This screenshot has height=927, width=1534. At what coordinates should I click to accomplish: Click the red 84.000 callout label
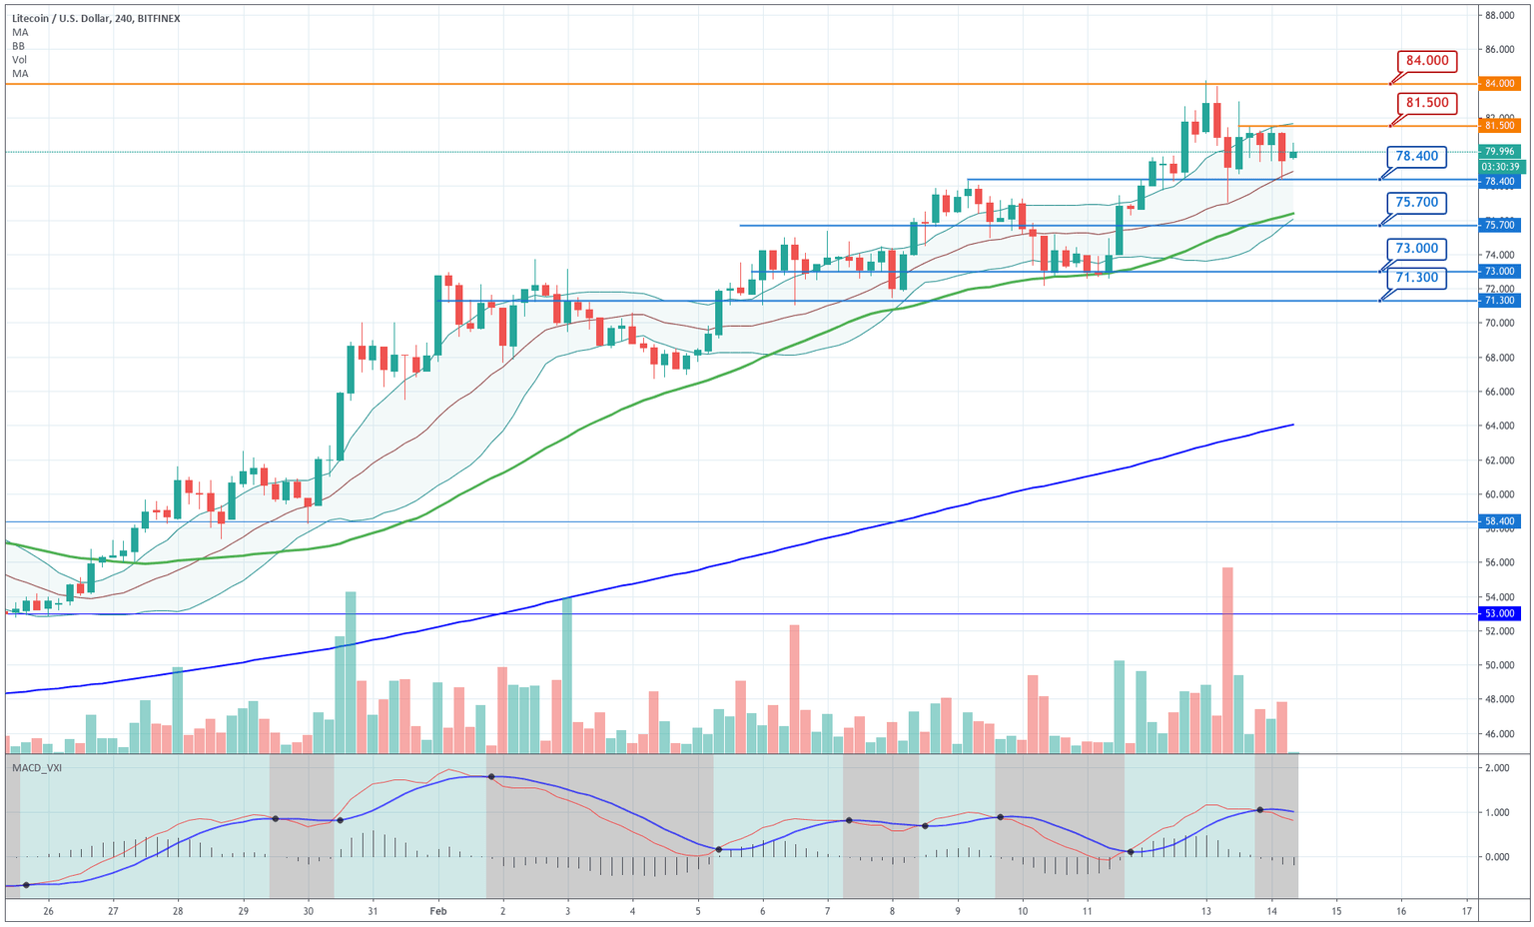pos(1426,61)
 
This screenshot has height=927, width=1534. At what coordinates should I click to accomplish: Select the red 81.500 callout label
pos(1426,103)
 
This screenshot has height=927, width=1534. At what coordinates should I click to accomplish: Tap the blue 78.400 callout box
pos(1416,157)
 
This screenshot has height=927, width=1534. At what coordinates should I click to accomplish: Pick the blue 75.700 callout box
pos(1416,203)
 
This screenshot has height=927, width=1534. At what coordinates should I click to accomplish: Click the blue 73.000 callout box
pos(1416,249)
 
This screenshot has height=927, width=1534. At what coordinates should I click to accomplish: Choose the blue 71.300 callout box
pos(1416,278)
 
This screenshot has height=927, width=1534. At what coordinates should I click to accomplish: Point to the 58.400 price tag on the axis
pos(1500,521)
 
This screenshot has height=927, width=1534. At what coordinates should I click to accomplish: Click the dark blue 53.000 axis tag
pos(1500,614)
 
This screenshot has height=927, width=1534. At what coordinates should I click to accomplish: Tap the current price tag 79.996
pos(1500,152)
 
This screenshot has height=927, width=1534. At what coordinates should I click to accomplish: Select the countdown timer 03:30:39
pos(1500,167)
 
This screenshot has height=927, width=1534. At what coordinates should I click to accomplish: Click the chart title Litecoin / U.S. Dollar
pos(60,18)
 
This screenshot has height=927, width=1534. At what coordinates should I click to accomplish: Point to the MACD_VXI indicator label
pos(36,767)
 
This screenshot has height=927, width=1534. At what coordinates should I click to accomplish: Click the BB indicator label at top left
pos(19,46)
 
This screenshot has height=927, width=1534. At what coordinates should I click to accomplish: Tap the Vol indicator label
pos(20,60)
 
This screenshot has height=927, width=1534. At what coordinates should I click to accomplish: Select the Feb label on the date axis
pos(437,911)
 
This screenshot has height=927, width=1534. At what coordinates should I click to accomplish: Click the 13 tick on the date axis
pos(1206,911)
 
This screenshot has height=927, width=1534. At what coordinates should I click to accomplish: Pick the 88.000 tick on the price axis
pos(1500,16)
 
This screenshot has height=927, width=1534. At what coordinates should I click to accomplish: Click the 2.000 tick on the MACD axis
pos(1497,768)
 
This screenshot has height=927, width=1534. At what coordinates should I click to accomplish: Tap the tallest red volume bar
pos(1227,659)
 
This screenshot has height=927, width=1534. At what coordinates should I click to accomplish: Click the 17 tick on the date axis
pos(1466,911)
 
